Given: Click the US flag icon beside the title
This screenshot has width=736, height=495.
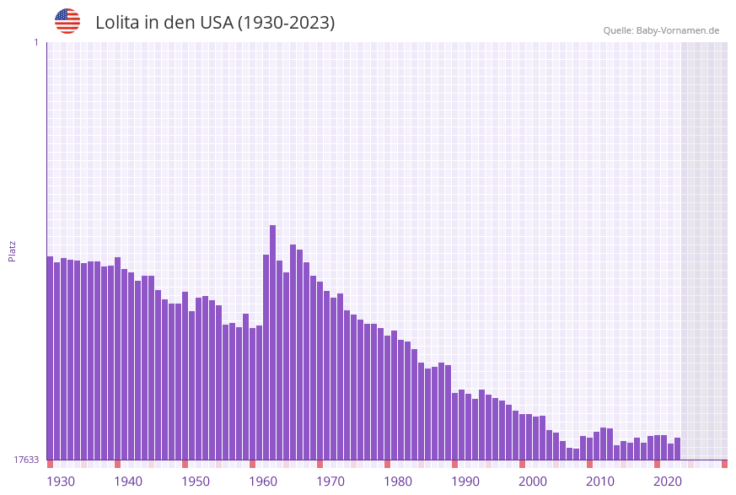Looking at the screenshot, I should [x=67, y=21].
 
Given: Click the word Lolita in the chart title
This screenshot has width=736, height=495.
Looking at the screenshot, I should [x=117, y=23].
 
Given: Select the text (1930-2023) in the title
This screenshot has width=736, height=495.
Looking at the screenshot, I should [x=286, y=23].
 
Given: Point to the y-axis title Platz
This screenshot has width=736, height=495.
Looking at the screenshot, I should [x=13, y=250].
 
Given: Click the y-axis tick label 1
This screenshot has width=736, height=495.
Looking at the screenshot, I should [x=35, y=42].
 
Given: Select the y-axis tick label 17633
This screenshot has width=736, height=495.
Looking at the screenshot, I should [x=26, y=460].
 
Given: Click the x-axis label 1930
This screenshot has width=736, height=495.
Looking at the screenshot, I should [x=61, y=482].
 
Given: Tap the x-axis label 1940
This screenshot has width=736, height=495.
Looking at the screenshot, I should [x=128, y=482].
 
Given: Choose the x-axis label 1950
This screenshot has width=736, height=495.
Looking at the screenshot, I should [x=196, y=482].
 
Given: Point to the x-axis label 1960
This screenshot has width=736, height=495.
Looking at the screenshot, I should [x=263, y=482].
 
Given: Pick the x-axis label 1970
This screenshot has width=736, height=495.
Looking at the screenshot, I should [x=330, y=482].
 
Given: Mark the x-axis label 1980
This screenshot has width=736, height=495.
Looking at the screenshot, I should [x=398, y=482].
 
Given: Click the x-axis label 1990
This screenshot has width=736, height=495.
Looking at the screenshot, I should [x=465, y=482].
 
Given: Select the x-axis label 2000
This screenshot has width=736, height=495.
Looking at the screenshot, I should [x=533, y=482].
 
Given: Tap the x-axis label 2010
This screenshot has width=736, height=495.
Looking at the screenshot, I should [x=600, y=482].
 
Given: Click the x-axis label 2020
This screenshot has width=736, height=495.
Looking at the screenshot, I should [x=668, y=482].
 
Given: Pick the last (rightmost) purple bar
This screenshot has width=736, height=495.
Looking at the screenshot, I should [x=677, y=449].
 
